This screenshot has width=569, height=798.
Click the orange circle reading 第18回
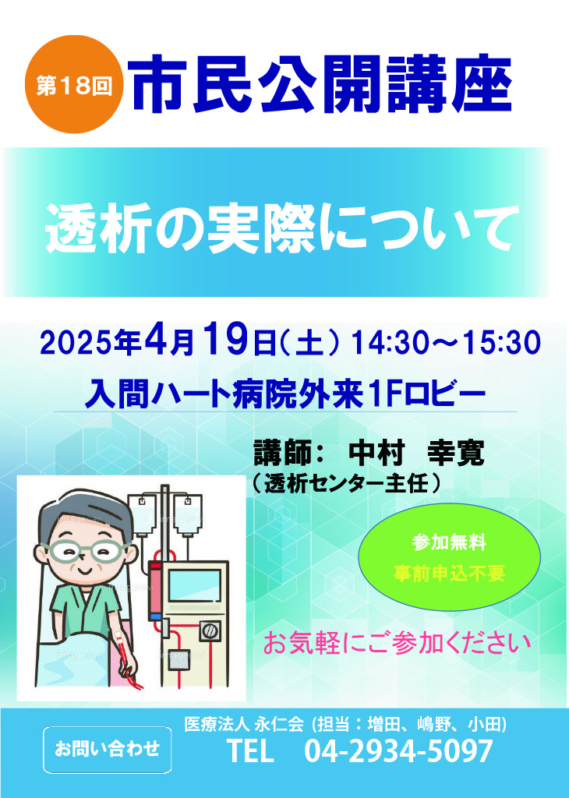click(74, 84)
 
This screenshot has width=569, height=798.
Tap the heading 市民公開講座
click(323, 84)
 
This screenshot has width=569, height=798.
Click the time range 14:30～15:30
click(445, 342)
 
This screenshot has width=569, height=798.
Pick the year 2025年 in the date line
click(90, 343)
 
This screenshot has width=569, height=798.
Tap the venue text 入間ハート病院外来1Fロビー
click(285, 394)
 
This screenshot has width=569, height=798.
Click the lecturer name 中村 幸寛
click(415, 453)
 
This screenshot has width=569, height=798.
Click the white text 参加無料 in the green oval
click(449, 542)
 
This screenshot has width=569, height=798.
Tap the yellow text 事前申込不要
click(449, 574)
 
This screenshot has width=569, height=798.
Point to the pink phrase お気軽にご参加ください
click(397, 643)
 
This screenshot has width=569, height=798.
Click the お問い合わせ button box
click(107, 750)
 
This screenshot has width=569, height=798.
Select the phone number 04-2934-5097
click(398, 750)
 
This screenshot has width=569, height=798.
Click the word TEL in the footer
click(250, 750)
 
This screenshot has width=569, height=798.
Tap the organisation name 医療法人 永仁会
click(244, 724)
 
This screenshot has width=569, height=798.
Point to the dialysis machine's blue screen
click(194, 588)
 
